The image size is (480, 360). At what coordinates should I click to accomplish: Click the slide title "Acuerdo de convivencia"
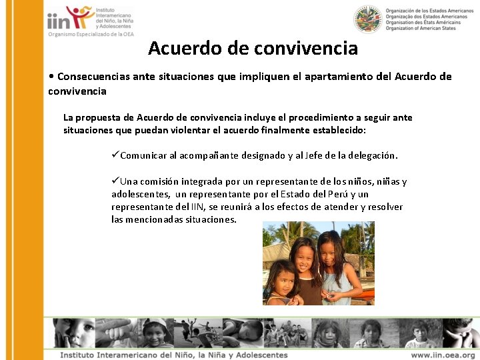(253, 49)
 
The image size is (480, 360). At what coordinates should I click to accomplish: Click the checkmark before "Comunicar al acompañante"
(115, 155)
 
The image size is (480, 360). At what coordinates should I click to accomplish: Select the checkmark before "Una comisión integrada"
(115, 181)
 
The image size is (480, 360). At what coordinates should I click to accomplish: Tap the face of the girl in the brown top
(305, 256)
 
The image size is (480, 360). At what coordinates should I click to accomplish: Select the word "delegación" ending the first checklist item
(370, 156)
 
